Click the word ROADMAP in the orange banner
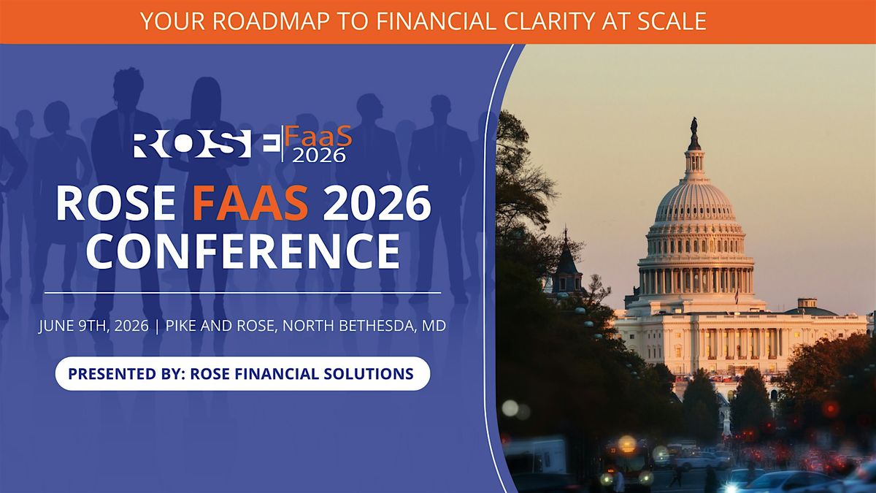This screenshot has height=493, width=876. (x=271, y=21)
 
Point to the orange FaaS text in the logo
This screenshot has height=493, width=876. (x=318, y=137)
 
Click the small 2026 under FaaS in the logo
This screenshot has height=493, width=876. (x=319, y=156)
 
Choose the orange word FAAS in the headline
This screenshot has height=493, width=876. (x=250, y=204)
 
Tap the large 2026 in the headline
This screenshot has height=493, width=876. (x=377, y=204)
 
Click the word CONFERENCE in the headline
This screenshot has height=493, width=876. (x=243, y=251)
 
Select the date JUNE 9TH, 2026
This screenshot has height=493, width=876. (x=94, y=326)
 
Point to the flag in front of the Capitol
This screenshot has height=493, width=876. (x=737, y=297)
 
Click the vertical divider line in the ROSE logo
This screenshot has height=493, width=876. (x=283, y=144)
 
